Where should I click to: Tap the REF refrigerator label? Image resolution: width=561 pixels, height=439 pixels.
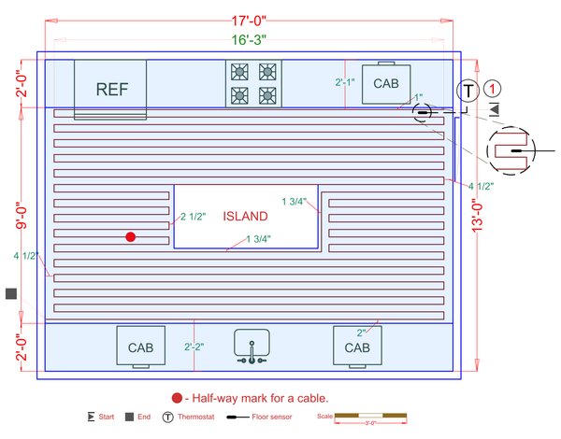coord(111,90)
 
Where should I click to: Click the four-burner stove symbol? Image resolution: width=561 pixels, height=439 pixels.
coord(253,82)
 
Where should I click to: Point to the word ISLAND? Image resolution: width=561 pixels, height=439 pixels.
coord(246,216)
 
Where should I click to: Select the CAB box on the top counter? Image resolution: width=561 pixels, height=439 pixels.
coord(386,82)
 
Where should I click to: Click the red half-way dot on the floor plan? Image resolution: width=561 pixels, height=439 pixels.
coord(131,237)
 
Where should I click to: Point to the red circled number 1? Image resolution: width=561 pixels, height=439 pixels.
coord(495,89)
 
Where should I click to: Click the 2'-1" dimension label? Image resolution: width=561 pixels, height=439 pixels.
coord(344,82)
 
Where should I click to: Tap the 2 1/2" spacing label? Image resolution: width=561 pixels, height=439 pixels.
coord(191,217)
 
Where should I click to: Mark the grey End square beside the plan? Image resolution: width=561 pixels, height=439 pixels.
coord(11,293)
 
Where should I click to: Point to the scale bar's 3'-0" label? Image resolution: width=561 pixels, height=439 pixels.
coord(372,423)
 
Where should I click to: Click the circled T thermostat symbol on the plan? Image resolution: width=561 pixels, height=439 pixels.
coord(467,90)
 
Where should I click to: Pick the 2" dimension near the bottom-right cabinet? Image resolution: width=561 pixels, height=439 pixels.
coord(361,333)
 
